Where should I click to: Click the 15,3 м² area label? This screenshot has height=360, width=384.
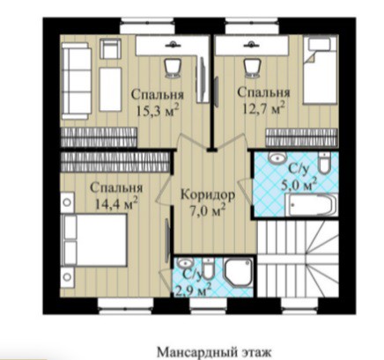158,111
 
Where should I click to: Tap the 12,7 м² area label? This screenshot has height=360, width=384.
263,108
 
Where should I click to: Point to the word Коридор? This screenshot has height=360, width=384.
208,195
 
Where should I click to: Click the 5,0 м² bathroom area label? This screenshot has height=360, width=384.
299,185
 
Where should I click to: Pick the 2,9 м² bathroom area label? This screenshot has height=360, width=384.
194,290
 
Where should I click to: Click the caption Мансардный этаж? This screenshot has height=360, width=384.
214,352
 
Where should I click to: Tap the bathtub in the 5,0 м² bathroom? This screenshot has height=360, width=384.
312,205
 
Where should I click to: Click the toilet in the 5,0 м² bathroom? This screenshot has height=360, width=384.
324,163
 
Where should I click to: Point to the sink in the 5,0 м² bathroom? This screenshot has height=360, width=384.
277,158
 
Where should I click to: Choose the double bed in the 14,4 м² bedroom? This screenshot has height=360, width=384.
94,240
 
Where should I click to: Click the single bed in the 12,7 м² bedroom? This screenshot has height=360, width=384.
321,70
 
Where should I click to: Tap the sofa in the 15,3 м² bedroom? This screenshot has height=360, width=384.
76,81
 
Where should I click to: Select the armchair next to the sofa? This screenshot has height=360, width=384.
110,48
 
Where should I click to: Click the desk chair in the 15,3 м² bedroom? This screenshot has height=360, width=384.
173,68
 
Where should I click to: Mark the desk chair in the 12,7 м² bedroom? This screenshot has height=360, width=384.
252,68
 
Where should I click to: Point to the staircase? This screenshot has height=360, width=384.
298,259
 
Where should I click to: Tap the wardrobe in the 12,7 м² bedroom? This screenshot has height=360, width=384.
301,137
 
